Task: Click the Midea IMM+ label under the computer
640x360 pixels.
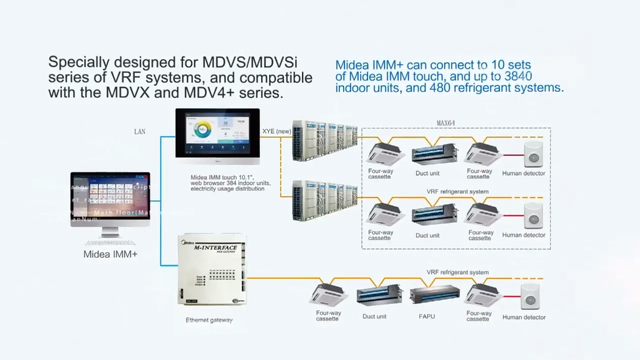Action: (x=110, y=254)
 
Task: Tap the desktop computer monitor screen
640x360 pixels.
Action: (x=110, y=199)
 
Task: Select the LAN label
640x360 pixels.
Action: (x=139, y=131)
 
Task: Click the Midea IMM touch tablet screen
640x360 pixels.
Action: (x=217, y=132)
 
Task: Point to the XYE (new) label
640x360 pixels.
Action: (x=276, y=131)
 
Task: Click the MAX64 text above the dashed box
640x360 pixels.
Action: (x=445, y=123)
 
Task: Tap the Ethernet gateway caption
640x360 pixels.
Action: (x=209, y=320)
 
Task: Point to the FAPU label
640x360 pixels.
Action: (x=426, y=316)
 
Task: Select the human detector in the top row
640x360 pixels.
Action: (x=533, y=154)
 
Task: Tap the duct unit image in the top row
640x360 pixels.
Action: (x=433, y=153)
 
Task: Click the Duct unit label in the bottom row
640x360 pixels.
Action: (x=374, y=316)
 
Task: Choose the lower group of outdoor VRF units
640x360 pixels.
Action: (x=324, y=200)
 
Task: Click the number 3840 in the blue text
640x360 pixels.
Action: (x=518, y=76)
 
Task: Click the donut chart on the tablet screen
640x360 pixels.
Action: (x=202, y=130)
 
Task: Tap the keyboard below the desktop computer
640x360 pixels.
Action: (x=110, y=242)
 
